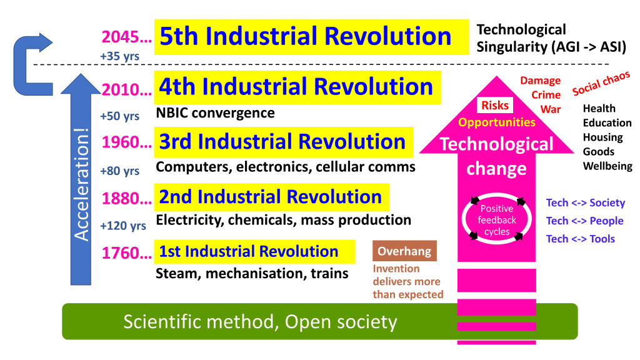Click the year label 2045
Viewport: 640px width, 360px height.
point(126,37)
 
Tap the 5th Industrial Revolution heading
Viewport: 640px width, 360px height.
point(305,36)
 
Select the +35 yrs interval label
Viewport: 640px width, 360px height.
point(119,56)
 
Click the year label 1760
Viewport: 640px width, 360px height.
point(126,253)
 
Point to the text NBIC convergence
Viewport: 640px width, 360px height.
point(216,112)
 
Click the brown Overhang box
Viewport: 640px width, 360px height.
point(404,251)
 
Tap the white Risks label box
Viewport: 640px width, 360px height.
point(495,105)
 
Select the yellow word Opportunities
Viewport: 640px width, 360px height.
point(497,122)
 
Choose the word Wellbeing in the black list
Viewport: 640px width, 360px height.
point(607,166)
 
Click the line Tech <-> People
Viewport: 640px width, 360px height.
point(584,221)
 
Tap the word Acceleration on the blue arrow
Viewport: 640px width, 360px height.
point(82,184)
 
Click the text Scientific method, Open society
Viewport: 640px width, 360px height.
point(261,322)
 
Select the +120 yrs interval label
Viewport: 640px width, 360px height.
point(123,225)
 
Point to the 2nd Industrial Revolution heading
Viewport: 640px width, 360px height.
point(270,197)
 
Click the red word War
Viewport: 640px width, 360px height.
point(551,109)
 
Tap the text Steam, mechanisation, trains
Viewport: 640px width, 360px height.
point(252,274)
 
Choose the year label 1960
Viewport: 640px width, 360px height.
point(126,142)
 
